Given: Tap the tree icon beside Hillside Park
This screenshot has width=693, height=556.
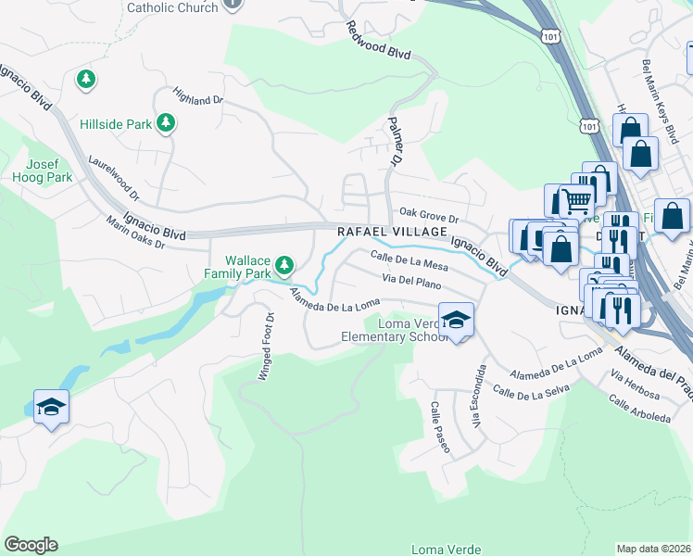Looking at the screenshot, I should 166,122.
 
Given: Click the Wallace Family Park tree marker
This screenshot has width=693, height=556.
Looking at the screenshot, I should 285,266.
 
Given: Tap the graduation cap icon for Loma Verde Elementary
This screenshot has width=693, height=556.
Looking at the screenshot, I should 455,320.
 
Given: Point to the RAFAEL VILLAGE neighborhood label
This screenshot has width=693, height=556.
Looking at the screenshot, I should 392,232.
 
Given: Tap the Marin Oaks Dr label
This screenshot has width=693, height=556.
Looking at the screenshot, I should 134,233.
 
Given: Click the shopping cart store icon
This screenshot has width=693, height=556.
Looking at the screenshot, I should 576,199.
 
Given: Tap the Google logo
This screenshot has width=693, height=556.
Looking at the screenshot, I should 31,545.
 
